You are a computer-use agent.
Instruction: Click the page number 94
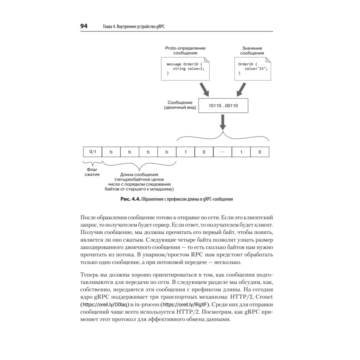coord(84,27)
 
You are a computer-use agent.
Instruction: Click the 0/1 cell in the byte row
coord(93,152)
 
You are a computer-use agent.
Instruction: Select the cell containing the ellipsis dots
coord(222,152)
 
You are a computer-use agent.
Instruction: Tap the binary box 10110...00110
coord(223,106)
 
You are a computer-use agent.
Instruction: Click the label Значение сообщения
coord(252,50)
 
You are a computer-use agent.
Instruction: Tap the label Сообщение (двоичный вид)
coord(180,105)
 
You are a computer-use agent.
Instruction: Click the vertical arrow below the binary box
coord(223,122)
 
